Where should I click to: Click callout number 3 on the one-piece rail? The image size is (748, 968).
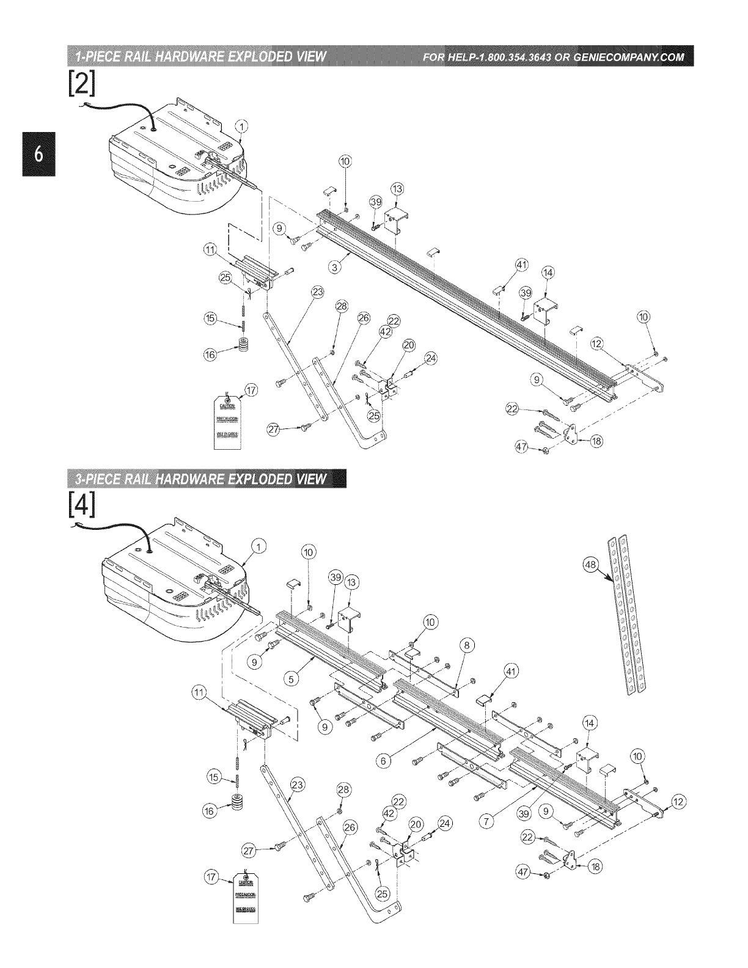(335, 267)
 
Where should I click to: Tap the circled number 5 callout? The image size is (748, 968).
(291, 678)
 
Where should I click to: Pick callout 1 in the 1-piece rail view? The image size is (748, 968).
(243, 127)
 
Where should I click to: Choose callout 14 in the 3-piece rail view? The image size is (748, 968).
(589, 723)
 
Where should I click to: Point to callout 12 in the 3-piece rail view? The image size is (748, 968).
(679, 802)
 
